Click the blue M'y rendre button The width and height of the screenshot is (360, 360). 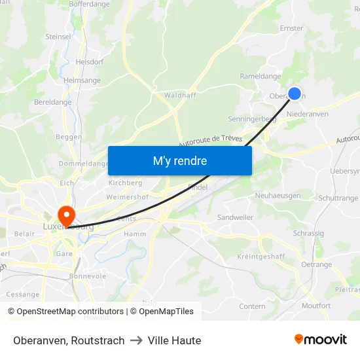180,160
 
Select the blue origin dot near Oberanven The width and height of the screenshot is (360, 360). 295,94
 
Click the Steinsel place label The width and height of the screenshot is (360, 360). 58,37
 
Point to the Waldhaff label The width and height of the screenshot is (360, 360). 180,95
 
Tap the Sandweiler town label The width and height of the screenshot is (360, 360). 235,217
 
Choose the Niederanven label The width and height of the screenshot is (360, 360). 308,114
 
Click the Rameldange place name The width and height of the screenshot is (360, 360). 261,77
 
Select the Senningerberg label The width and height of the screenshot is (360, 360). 252,119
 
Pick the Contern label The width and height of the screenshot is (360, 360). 252,306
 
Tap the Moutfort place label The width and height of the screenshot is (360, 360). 316,306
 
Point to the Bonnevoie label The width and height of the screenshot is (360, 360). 88,276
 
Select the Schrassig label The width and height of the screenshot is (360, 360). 308,233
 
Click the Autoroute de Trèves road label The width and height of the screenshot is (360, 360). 210,141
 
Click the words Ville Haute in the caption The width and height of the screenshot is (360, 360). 174,340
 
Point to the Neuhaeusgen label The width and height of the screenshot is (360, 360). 278,196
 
